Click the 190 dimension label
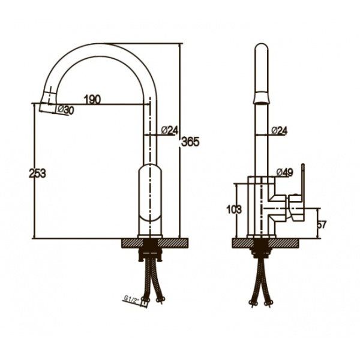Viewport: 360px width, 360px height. pos(92,100)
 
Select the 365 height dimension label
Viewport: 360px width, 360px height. pos(190,142)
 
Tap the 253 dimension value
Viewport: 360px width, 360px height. pos(37,173)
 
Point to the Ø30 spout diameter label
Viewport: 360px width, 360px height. pos(65,110)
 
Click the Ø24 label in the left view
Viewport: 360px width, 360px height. pos(170,130)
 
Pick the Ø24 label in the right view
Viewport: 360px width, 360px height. pos(279,131)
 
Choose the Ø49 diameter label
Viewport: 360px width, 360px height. pos(284,172)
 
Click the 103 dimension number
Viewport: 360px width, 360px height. pos(234,209)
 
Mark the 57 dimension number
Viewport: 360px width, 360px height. pos(322,224)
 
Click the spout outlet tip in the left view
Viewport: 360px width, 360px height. pos(47,108)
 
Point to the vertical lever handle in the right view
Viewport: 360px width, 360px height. pos(303,180)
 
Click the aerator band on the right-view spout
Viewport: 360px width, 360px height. pos(262,98)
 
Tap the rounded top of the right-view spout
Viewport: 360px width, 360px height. pos(262,47)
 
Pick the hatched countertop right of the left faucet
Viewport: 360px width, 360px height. pos(173,244)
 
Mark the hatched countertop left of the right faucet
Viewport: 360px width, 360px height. pos(243,244)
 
